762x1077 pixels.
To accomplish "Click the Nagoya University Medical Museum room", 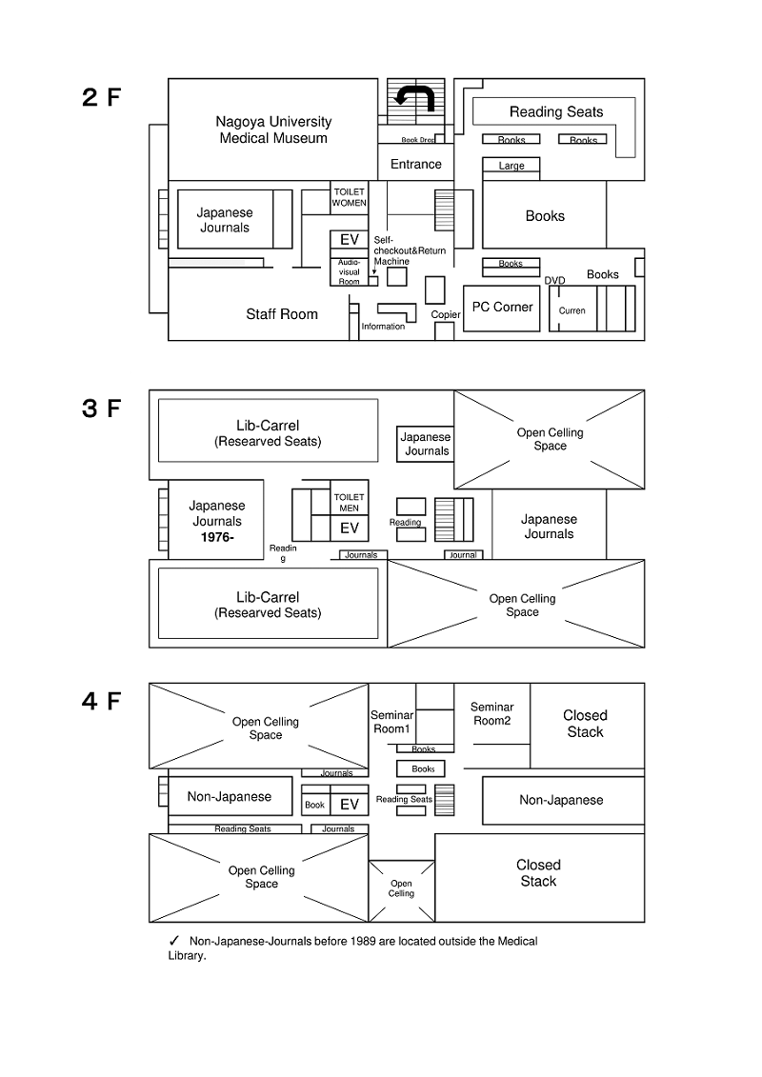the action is click(272, 130).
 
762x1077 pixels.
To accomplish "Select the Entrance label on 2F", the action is click(415, 164).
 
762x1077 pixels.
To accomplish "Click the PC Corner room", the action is click(502, 309).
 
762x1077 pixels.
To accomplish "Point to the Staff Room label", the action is click(282, 314).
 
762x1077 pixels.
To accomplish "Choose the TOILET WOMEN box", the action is click(349, 198).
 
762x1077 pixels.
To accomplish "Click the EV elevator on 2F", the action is click(349, 239).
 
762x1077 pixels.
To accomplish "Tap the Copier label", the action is click(445, 314).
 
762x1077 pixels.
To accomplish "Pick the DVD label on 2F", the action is click(554, 280).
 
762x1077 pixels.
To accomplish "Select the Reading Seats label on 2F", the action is click(556, 112).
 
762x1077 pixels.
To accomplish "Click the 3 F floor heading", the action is click(101, 408).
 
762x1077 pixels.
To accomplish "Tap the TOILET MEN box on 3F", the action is click(349, 503).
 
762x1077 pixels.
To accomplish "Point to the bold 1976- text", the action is click(217, 537).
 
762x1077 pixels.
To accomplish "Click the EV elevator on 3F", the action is click(349, 529).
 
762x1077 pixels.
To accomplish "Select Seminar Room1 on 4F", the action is click(392, 722).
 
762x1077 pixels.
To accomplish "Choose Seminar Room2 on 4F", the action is click(492, 713).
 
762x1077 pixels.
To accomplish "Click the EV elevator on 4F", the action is click(349, 805).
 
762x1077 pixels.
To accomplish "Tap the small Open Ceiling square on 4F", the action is click(401, 890).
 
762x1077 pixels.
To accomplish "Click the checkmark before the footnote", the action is click(174, 941).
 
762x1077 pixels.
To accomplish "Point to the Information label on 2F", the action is click(383, 327).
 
